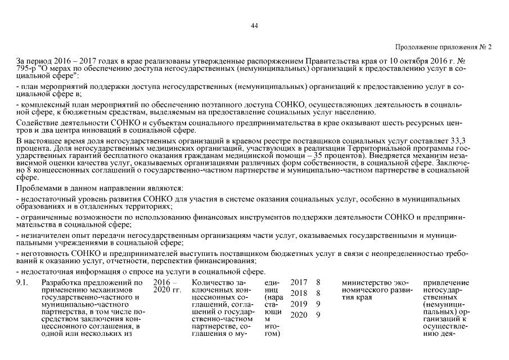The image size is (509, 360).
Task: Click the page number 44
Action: point(254,26)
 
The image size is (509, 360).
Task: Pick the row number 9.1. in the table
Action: point(23,281)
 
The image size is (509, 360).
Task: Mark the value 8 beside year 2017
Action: point(318,281)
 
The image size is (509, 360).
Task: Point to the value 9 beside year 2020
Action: point(318,315)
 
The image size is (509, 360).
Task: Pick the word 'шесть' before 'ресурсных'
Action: point(390,121)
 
